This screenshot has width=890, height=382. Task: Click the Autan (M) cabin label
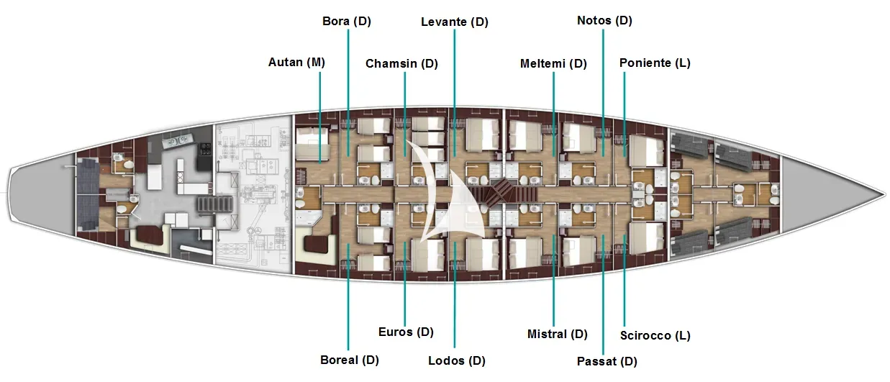click(296, 63)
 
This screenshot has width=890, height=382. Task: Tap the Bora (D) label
click(347, 21)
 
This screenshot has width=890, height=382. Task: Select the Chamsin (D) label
click(401, 63)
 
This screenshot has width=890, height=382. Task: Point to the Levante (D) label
click(455, 22)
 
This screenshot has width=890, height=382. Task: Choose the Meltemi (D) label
click(553, 63)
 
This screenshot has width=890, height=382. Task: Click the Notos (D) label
click(604, 21)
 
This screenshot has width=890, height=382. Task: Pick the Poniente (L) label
click(655, 63)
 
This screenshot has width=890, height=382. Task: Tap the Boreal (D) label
click(349, 360)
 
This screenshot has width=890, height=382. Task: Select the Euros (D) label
click(406, 332)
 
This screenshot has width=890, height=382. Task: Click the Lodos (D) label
click(457, 361)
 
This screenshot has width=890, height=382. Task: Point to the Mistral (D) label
click(557, 335)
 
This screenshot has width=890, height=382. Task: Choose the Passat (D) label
click(607, 362)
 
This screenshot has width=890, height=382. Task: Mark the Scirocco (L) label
click(655, 335)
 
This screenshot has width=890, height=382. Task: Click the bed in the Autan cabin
click(313, 143)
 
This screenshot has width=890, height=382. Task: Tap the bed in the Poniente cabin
click(647, 151)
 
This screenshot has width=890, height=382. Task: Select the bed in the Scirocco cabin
click(647, 238)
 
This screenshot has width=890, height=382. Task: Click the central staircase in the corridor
click(504, 193)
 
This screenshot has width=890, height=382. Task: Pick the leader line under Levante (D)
click(455, 93)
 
